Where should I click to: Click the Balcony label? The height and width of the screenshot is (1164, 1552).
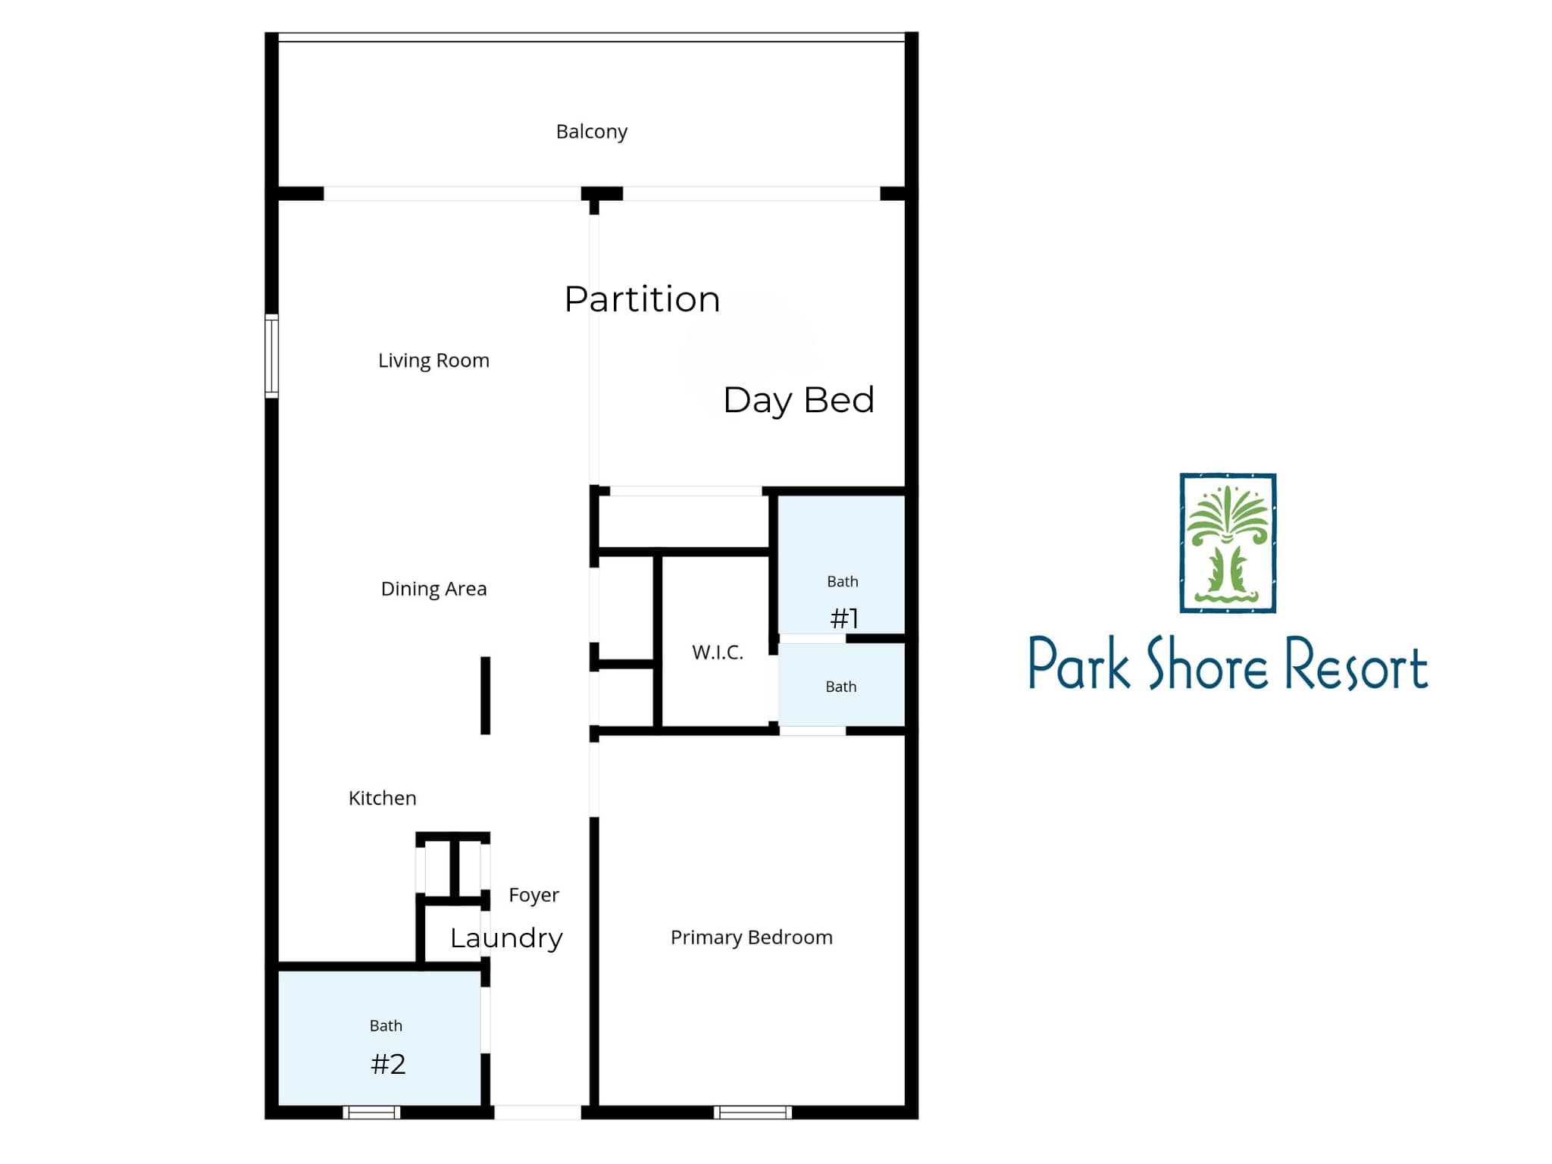[591, 133]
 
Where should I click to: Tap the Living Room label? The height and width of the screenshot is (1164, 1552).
[433, 361]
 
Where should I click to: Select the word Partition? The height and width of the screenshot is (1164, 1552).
[642, 299]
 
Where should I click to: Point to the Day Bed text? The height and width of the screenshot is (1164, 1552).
[799, 401]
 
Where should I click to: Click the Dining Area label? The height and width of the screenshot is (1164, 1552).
[433, 590]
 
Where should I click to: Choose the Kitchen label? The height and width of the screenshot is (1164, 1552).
[382, 798]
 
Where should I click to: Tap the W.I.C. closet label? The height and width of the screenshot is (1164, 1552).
[718, 652]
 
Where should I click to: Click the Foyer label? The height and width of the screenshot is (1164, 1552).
[533, 896]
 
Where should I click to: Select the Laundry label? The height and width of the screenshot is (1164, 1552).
[506, 939]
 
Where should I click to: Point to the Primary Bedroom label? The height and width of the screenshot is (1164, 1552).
[751, 938]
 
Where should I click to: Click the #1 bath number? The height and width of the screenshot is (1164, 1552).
[844, 618]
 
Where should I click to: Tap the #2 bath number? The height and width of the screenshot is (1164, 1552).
[388, 1064]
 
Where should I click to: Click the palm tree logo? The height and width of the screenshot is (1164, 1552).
[1228, 543]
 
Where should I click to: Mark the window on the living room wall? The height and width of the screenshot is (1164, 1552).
[271, 356]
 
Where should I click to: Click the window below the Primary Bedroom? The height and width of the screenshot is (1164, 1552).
[753, 1112]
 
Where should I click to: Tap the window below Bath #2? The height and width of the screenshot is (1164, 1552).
[371, 1112]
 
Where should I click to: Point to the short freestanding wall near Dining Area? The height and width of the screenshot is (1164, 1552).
[486, 696]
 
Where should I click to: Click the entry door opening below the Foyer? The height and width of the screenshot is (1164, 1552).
[537, 1112]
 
